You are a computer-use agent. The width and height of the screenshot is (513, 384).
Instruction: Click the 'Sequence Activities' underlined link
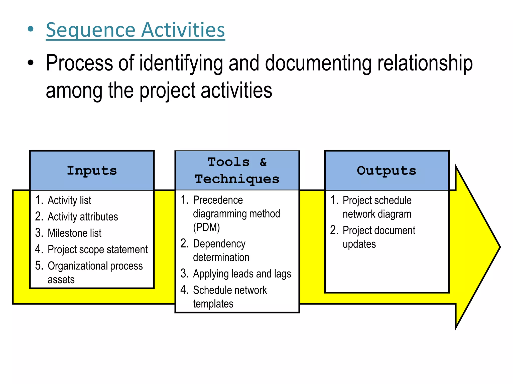[135, 30]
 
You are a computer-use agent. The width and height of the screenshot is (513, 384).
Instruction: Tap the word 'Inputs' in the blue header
[92, 171]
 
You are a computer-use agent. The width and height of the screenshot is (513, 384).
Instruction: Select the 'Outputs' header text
[387, 171]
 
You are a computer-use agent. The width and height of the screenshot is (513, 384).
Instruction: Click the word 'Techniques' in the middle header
[237, 179]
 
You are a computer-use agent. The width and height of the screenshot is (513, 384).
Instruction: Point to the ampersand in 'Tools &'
[263, 162]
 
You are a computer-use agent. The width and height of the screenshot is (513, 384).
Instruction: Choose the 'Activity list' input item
[69, 200]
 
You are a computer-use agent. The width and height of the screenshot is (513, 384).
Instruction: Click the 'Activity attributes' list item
[83, 217]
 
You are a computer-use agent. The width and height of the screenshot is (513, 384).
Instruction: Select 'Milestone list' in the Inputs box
[74, 233]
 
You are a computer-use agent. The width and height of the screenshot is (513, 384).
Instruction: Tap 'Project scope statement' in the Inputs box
[98, 249]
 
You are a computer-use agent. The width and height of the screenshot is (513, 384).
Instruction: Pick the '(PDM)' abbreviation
[206, 227]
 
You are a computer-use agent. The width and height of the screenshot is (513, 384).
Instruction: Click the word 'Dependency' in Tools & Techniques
[219, 244]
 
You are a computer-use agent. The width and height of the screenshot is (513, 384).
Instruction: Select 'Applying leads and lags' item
[242, 274]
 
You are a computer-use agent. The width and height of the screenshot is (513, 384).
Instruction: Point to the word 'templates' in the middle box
[213, 304]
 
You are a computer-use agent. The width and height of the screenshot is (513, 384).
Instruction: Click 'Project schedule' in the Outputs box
[377, 200]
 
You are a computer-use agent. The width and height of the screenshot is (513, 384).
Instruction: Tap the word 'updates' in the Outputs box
[359, 244]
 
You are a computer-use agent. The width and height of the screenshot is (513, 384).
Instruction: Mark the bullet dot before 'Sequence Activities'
[31, 29]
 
